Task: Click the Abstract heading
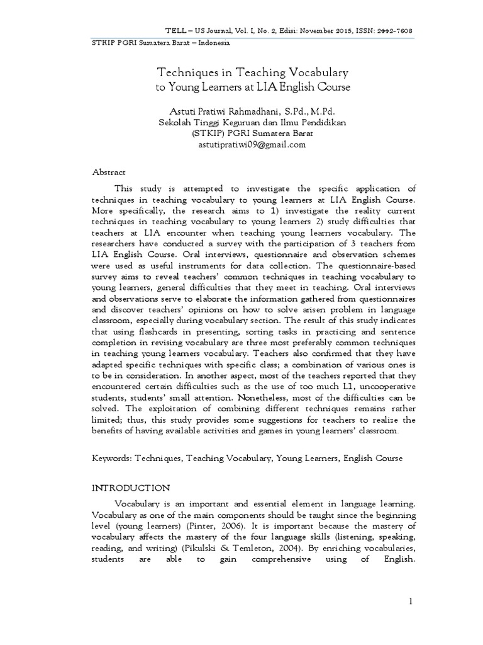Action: [x=109, y=172]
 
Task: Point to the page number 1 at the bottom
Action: [x=411, y=602]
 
